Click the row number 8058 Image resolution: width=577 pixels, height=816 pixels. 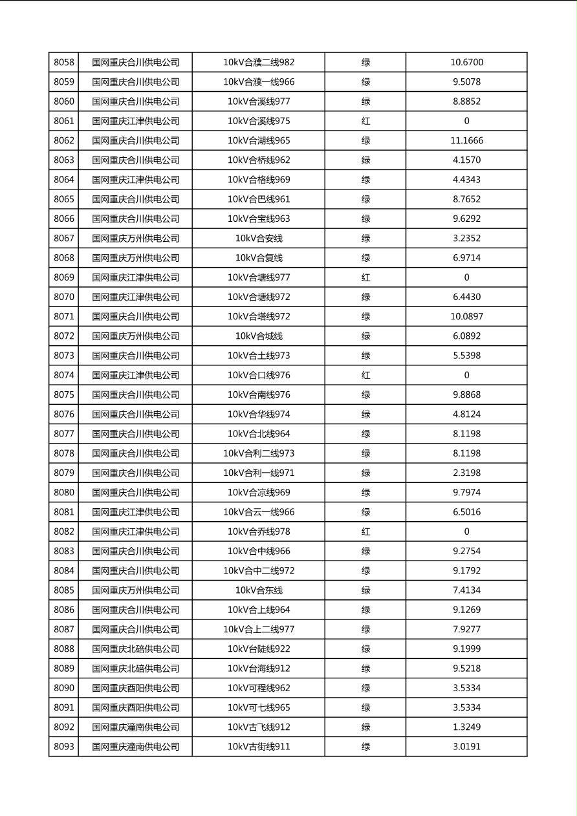(64, 63)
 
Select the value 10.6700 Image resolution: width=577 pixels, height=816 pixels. (466, 63)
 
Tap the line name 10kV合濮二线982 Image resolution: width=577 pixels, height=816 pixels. (259, 63)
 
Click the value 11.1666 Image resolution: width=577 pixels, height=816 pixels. (466, 140)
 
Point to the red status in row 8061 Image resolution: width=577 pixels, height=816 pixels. (365, 121)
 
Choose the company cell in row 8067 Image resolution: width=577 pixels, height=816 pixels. (135, 238)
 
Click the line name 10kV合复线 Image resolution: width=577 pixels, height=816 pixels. (259, 258)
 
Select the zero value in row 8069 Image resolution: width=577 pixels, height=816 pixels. (466, 277)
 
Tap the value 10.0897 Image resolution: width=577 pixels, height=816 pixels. (466, 316)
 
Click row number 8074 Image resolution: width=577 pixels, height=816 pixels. (64, 375)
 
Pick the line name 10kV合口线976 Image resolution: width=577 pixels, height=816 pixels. (259, 375)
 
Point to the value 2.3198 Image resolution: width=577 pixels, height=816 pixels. (466, 473)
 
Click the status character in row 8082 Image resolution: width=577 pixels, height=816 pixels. (365, 531)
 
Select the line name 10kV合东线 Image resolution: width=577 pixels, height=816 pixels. (259, 590)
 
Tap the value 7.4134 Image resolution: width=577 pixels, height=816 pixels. (466, 590)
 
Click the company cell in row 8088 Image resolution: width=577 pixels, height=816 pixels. (135, 649)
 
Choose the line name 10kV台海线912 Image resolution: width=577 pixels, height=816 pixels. (259, 669)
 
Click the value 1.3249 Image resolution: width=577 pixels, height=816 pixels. (466, 727)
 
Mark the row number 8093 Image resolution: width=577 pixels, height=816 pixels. (64, 747)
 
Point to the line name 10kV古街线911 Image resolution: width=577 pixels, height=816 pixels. (259, 747)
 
